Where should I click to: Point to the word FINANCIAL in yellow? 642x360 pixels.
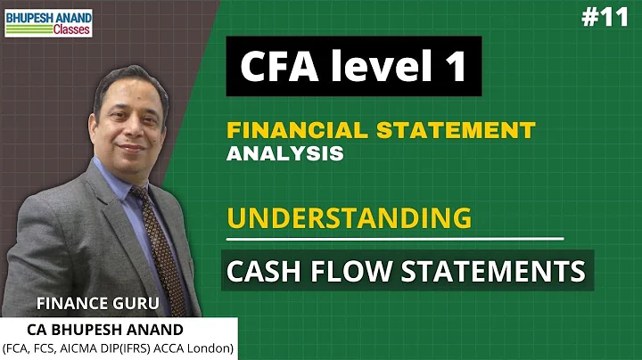293,130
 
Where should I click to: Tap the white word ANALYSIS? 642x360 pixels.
284,153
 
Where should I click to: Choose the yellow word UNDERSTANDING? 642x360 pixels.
349,217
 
